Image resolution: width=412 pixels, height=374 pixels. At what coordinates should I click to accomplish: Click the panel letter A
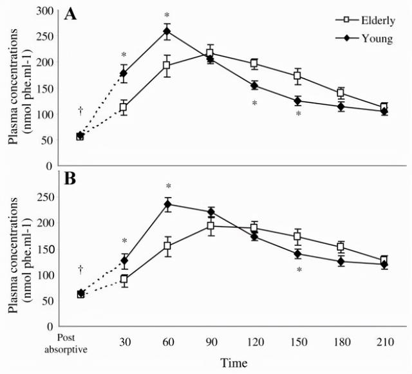point(70,14)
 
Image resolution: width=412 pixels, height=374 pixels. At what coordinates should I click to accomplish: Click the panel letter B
point(70,178)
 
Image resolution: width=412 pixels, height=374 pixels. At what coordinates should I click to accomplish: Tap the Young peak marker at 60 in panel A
point(167,31)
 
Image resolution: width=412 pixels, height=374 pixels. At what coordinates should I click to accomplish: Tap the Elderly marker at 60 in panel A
point(167,66)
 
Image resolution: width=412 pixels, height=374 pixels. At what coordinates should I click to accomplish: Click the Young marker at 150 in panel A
point(297,100)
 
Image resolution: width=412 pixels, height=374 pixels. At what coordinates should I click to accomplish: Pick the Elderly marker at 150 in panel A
point(297,76)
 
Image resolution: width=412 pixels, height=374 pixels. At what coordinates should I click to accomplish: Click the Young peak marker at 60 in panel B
point(167,205)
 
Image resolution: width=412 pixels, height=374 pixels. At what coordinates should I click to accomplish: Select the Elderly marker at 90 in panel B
point(211,226)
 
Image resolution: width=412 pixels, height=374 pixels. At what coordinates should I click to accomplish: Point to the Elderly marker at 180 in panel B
point(341,247)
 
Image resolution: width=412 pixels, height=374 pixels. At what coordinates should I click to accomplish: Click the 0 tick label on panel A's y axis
point(49,165)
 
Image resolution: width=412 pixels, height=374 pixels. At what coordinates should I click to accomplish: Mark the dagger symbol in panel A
point(80,110)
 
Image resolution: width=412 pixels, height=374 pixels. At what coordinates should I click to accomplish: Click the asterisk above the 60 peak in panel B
point(167,187)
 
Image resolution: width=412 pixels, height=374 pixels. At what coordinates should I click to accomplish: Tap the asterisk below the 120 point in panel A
point(254,104)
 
